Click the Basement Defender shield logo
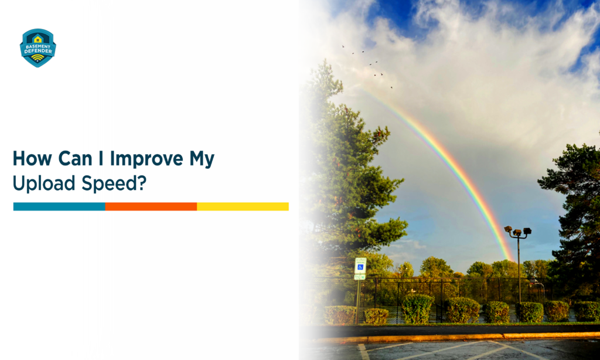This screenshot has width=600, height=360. pos(38,48)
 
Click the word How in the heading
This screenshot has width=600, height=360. pos(32,158)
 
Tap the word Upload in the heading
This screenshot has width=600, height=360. pos(44,183)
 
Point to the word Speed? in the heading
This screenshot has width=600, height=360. pos(114,183)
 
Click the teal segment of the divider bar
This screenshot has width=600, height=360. pos(59,206)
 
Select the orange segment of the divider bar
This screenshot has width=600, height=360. pos(151,206)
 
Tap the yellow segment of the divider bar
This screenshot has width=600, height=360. pos(243,206)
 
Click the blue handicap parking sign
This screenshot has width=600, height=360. pos(360,266)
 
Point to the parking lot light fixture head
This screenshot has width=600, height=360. pos(517,231)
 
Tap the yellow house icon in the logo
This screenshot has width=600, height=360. pos(37,39)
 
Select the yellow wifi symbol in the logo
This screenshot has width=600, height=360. pos(37,58)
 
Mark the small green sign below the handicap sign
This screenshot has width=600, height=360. pos(360,277)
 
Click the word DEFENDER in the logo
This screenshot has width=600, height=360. pos(38,51)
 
